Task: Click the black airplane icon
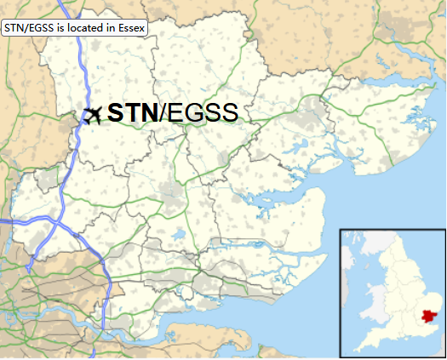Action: pos(93,113)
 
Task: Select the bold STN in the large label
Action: pos(133,113)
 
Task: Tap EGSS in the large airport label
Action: pos(201,113)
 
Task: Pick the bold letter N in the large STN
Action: pos(150,113)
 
